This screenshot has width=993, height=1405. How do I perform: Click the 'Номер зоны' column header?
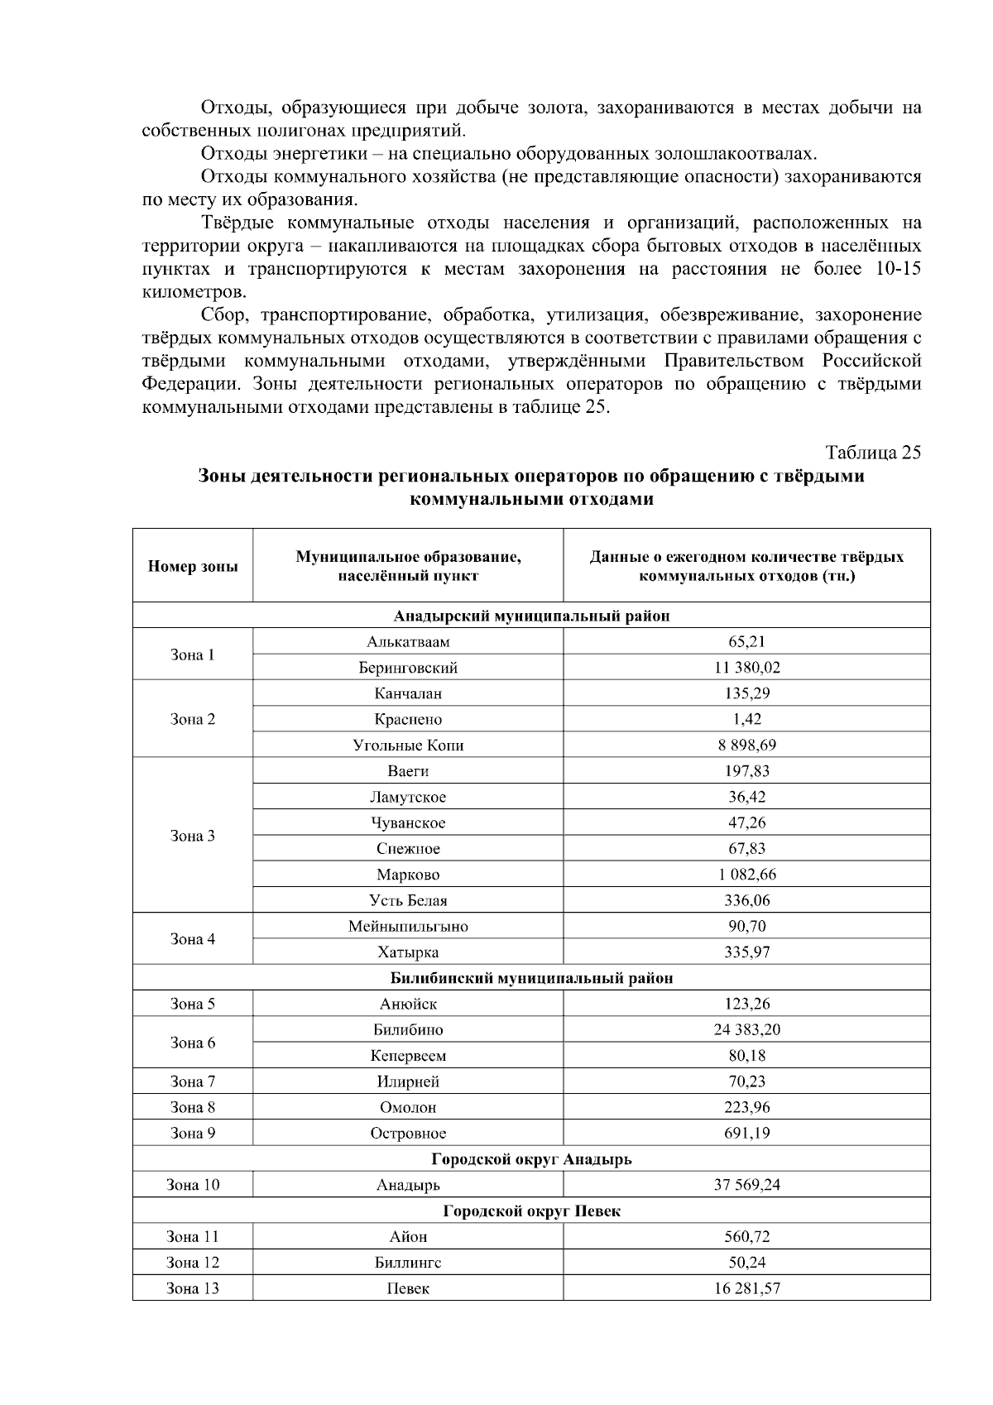coord(193,567)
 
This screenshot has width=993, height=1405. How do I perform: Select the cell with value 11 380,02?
coord(746,667)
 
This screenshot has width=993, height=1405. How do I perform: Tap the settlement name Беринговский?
coord(408,667)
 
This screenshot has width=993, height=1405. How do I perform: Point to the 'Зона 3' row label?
coord(193,836)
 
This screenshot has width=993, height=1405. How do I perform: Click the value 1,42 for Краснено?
coord(746,719)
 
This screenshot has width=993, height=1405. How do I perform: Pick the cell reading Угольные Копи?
coord(408,745)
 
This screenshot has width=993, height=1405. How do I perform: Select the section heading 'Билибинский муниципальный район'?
coord(531,978)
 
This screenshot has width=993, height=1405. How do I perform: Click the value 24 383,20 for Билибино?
coord(746,1029)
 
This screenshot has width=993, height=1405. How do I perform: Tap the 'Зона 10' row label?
coord(193,1185)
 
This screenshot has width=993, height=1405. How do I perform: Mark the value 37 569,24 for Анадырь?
coord(746,1185)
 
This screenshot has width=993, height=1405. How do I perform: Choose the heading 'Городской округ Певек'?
coord(531,1211)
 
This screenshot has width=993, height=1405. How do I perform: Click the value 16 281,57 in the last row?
coord(746,1288)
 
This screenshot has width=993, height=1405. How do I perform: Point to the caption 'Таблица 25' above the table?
coord(873,453)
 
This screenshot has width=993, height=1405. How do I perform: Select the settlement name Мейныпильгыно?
coord(408,926)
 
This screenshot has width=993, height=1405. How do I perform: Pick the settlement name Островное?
coord(408,1133)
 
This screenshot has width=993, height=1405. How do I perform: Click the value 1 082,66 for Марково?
coord(746,874)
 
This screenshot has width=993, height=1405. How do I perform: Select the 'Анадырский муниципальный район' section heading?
coord(531,616)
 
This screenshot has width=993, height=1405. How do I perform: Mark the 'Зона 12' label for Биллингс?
coord(193,1263)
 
